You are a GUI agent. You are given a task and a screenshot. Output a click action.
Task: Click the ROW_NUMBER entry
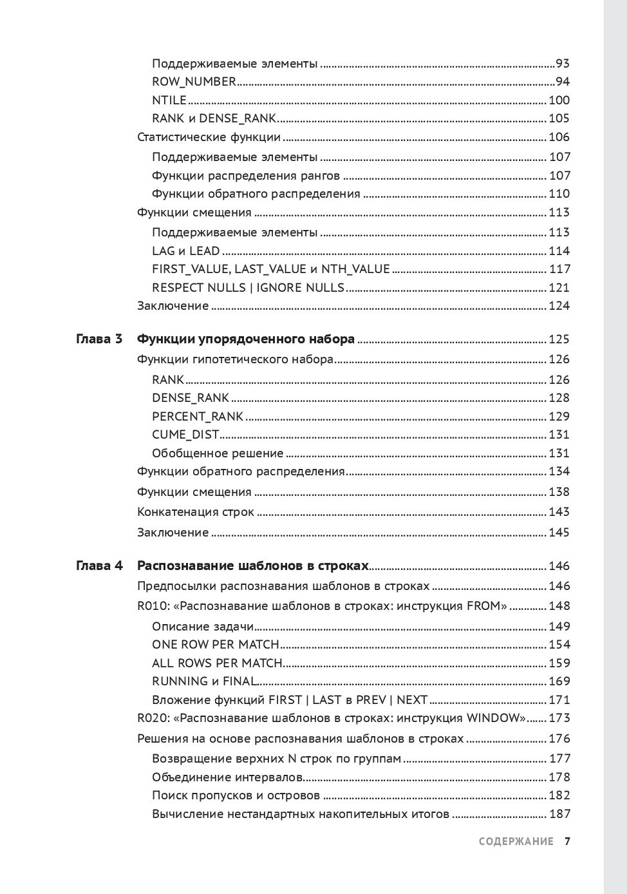coord(194,82)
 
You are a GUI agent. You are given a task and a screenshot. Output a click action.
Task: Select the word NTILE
coord(169,100)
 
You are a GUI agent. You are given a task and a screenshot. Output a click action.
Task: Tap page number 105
coord(559,119)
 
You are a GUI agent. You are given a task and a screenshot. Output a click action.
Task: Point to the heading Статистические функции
coord(209,137)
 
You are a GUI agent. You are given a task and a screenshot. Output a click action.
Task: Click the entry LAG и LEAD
coord(185,251)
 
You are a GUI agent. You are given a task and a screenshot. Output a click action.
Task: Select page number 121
coord(559,288)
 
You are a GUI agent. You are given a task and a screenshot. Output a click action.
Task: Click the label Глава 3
coord(99,339)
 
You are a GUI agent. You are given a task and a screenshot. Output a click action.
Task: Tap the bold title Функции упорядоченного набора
coord(246,339)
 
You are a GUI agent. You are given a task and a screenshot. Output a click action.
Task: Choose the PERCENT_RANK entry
coord(198,417)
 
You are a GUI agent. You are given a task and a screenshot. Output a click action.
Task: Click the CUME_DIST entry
coord(185,435)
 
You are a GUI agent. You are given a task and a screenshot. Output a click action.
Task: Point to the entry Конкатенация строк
coord(196,513)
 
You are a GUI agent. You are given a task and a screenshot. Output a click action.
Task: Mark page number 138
coord(559,492)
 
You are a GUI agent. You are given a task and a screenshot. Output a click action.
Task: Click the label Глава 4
coord(99,566)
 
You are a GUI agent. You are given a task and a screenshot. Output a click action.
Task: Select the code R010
coord(152,606)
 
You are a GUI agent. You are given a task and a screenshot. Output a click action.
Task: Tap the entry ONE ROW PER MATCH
coord(215,645)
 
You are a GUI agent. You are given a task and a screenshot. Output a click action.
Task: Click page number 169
coord(559,681)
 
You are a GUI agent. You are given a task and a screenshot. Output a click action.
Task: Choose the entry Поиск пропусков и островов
coord(236,796)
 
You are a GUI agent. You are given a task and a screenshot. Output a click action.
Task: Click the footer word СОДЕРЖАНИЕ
coord(516,842)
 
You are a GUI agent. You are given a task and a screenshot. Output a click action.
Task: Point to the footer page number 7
coord(567,842)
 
